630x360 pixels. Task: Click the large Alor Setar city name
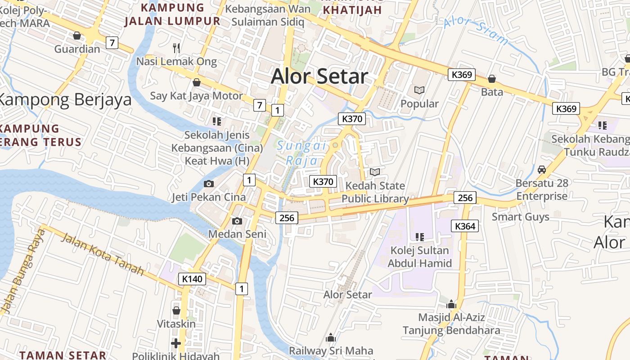point(319,76)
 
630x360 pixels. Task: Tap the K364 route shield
point(465,226)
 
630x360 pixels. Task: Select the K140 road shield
point(192,279)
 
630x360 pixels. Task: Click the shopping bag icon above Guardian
point(77,36)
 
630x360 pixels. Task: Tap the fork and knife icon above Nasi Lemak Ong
point(176,48)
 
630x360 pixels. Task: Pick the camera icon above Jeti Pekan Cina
point(208,184)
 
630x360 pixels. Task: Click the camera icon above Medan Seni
point(237,221)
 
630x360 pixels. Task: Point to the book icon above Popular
point(419,90)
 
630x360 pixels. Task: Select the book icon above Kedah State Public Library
point(375,172)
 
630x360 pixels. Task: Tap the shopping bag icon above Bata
point(492,79)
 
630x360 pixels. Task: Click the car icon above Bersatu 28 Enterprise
point(542,170)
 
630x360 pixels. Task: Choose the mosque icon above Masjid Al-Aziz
point(451,304)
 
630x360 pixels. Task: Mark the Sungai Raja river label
point(301,153)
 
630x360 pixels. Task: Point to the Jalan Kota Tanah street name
point(102,254)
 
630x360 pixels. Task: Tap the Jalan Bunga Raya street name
point(22,272)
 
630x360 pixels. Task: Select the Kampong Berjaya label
point(66,99)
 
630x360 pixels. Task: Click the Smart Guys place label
point(520,217)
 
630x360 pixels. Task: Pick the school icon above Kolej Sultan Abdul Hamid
point(420,237)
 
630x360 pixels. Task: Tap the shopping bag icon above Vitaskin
point(176,310)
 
